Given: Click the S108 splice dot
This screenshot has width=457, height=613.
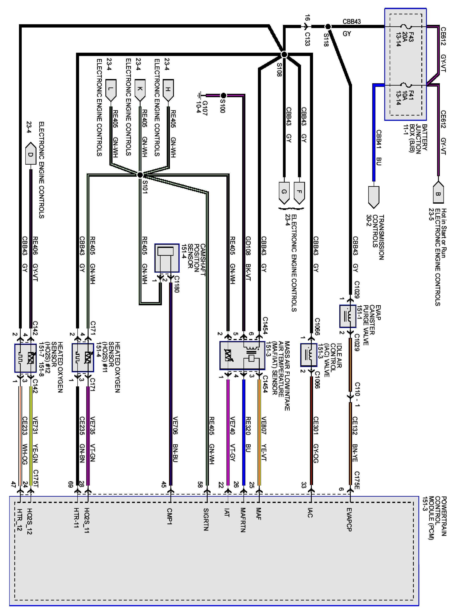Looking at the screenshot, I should coord(284,55).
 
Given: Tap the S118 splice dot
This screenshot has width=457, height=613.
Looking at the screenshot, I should coord(328,27).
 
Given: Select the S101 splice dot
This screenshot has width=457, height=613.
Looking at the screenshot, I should coord(140,175).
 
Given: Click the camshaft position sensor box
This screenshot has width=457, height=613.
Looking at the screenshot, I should coord(167,258).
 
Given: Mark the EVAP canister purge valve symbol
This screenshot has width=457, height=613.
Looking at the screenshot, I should coord(348,316).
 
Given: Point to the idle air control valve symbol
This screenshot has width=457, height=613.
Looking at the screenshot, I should coord(309,355).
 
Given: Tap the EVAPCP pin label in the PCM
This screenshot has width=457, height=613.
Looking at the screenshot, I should coord(349,519).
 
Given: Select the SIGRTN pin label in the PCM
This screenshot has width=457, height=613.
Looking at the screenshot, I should coord(206,519).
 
